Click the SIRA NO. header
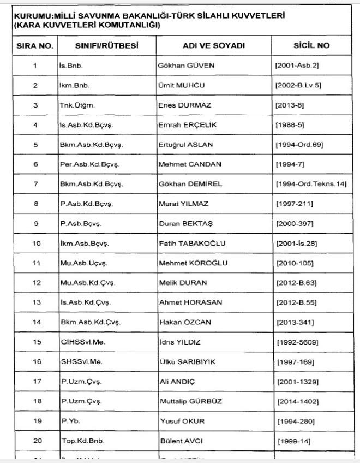point(34,46)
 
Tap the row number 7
point(34,184)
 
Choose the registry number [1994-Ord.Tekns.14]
point(311,184)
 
